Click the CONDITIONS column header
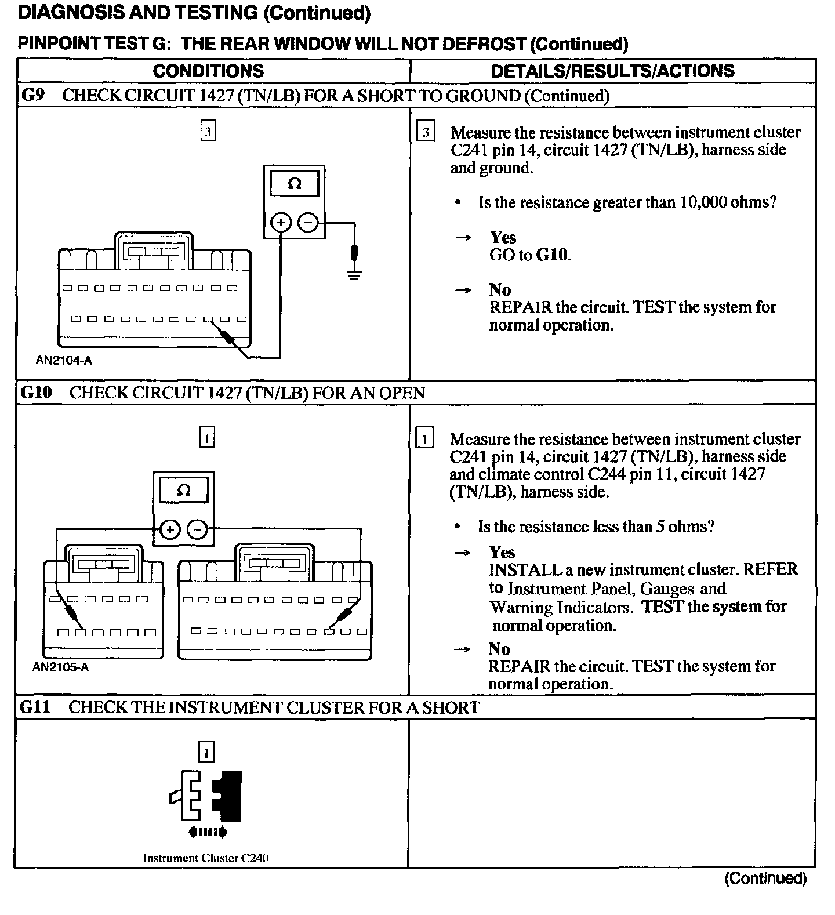(x=208, y=71)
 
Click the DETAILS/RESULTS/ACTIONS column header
(x=612, y=71)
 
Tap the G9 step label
(x=32, y=95)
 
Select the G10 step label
(x=35, y=393)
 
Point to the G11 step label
(x=34, y=707)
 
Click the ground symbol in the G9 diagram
(x=354, y=273)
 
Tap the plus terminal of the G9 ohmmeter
(x=281, y=222)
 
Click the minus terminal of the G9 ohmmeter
(x=308, y=222)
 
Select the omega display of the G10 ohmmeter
(x=183, y=491)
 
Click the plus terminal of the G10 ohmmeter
(x=169, y=529)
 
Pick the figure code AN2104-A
(x=64, y=361)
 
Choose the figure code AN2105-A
(x=60, y=667)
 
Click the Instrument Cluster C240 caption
(x=206, y=858)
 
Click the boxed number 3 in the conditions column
(x=208, y=132)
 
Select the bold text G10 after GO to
(x=553, y=255)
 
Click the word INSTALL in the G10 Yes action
(x=525, y=569)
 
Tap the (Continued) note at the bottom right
(x=765, y=878)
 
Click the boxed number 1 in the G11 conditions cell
(x=206, y=753)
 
